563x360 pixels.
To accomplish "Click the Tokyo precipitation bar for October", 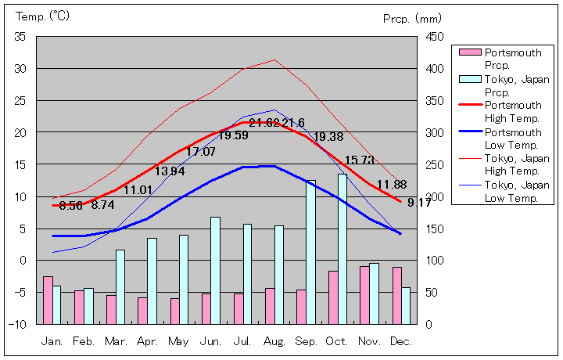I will (342, 249).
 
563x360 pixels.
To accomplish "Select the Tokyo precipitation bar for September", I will (310, 252).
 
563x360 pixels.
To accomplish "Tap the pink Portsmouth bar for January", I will (48, 300).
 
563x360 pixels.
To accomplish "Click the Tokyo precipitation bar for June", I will (215, 270).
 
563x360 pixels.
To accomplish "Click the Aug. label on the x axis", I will (274, 342).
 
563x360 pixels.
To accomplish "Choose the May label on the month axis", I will (179, 342).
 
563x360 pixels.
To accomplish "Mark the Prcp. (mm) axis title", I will (412, 18).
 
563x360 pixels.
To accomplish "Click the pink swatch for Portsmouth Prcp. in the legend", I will (469, 52).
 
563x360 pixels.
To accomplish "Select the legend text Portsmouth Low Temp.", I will (513, 139).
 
